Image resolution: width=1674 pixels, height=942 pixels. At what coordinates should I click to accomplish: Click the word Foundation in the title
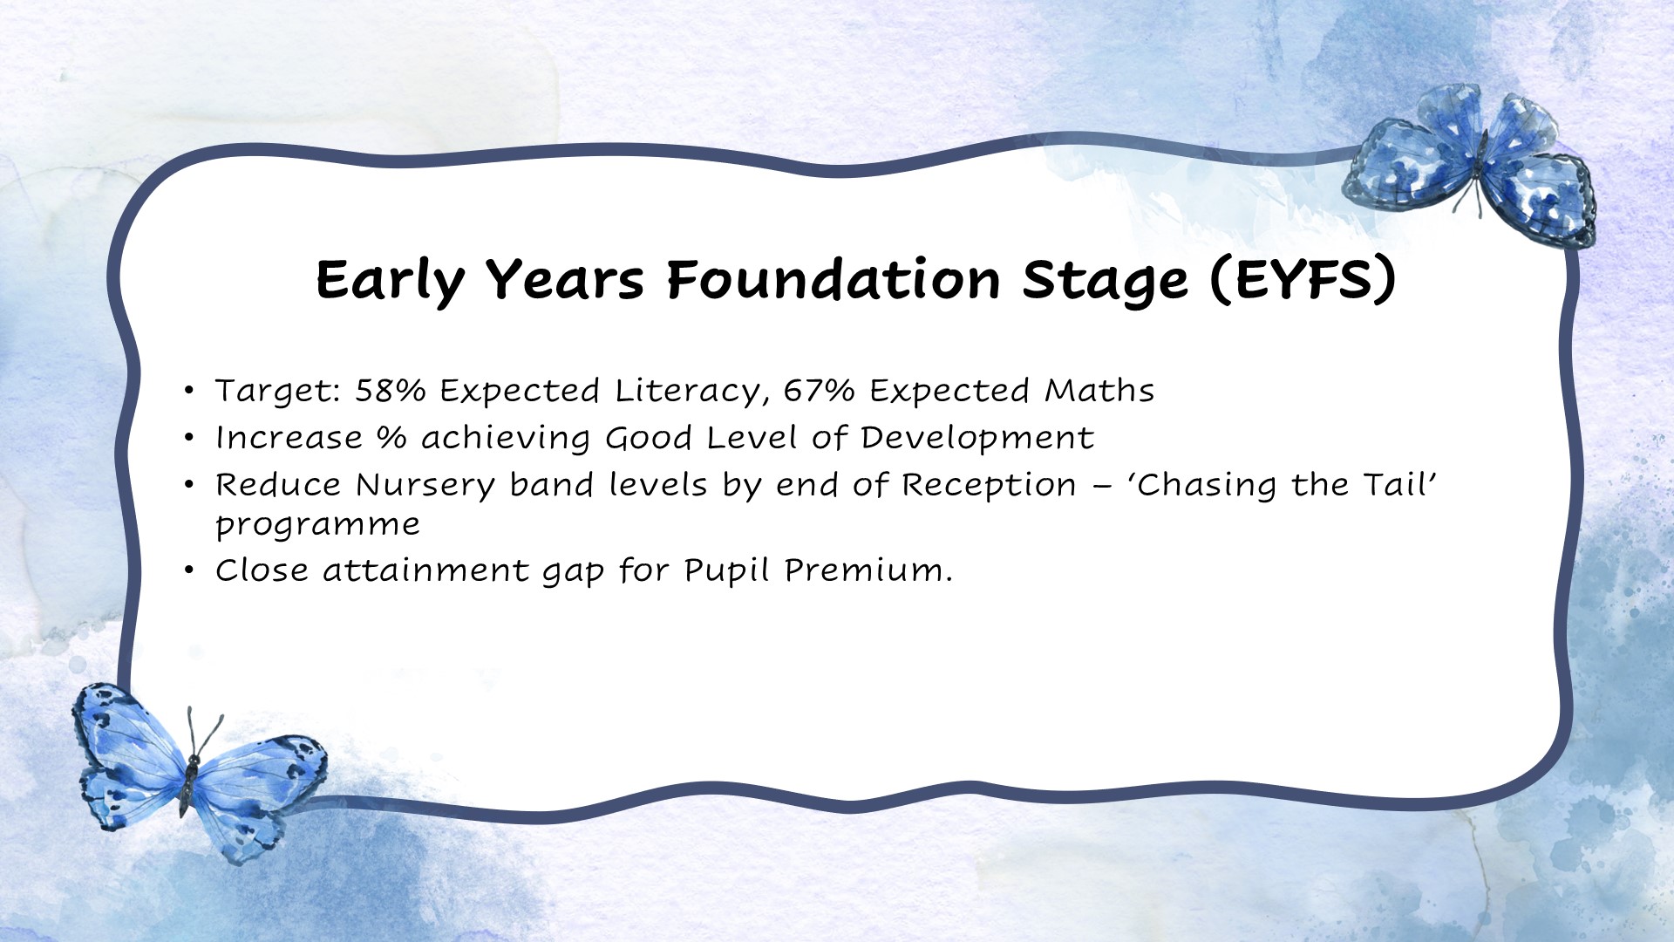(833, 280)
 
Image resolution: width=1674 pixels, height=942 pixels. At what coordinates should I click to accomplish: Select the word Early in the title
(390, 280)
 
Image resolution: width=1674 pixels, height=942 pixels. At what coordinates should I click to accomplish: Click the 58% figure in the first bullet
(390, 391)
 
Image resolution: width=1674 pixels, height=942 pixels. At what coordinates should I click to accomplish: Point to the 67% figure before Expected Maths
(819, 391)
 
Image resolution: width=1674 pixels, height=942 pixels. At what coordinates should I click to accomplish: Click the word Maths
(1099, 391)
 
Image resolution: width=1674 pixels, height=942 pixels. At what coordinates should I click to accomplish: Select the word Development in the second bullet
(976, 438)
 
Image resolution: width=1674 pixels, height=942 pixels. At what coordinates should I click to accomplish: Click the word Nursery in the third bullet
(425, 485)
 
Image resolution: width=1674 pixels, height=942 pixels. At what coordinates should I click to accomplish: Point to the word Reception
(989, 485)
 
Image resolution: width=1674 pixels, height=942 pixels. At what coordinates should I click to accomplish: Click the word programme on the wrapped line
(317, 525)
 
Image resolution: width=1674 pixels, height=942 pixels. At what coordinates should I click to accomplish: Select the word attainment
(425, 570)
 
